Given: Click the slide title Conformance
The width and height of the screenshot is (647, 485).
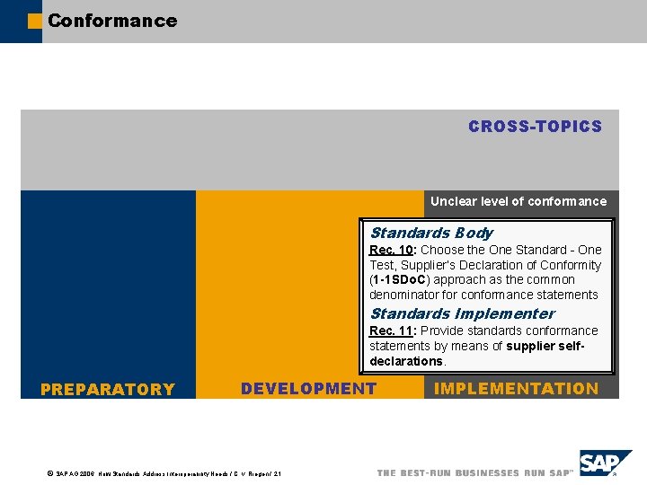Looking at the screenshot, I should coord(112,20).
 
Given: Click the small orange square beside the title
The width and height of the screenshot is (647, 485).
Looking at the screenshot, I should coord(35,21).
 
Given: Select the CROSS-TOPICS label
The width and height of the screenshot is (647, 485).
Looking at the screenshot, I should coord(535,127).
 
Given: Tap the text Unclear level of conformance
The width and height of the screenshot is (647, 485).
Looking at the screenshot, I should coord(518,201).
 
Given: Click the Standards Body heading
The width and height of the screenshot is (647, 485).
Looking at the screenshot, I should coord(430,233).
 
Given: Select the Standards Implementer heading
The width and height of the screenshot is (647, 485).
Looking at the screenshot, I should coord(462,313).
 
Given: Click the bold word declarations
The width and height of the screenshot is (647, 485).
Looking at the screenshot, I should coord(406,361).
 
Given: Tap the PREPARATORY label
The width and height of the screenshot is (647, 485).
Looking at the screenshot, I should coord(108,389).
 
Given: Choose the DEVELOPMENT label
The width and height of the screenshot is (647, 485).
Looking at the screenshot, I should coord(308,388).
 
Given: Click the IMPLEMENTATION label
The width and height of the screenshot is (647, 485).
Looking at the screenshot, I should coord(516,388).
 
